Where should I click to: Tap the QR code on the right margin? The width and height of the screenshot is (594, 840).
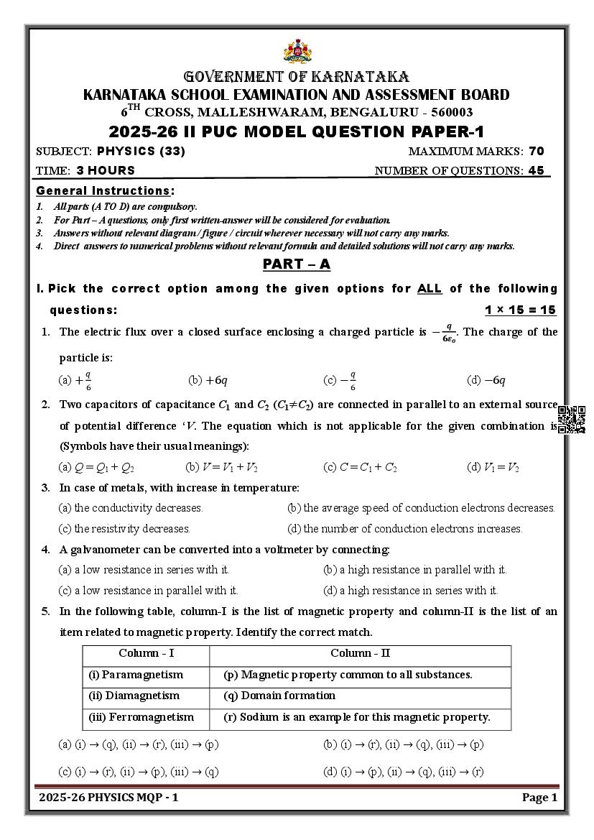coord(571,420)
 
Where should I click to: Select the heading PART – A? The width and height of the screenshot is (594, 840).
coord(296,264)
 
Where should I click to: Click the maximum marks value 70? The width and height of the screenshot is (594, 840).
coord(536,151)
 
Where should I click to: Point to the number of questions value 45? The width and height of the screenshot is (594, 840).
coord(536,171)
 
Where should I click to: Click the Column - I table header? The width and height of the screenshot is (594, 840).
coord(146,654)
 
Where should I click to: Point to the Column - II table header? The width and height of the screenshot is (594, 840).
coord(360,654)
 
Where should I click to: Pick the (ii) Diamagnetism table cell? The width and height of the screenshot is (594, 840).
coord(134,696)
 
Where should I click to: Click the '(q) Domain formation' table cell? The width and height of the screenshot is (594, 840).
coord(279,696)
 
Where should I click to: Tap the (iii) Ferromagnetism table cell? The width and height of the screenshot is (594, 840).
coord(141,717)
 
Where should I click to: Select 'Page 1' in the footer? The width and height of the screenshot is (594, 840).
coord(539,798)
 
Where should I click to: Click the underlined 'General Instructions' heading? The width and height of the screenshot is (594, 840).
coord(103,191)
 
